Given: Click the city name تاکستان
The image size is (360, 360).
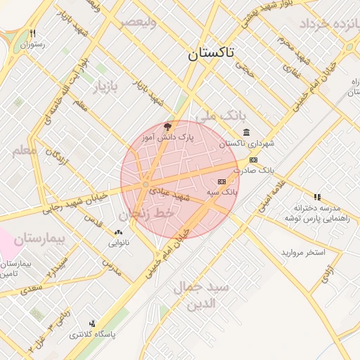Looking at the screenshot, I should [x=212, y=53].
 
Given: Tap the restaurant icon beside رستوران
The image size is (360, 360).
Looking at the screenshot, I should [x=32, y=33].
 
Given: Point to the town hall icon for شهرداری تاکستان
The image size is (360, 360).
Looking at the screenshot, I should [x=245, y=132].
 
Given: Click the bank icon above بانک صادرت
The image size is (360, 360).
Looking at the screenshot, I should [x=253, y=160].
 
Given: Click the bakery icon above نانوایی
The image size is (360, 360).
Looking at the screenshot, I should [x=117, y=232].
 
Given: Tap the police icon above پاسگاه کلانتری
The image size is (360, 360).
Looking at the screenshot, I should [x=91, y=324].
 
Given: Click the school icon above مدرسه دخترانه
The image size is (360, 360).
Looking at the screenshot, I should [x=317, y=197].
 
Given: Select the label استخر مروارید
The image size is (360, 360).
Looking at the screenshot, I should [x=304, y=252].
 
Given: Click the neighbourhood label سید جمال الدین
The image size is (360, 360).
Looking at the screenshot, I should [x=201, y=296].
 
